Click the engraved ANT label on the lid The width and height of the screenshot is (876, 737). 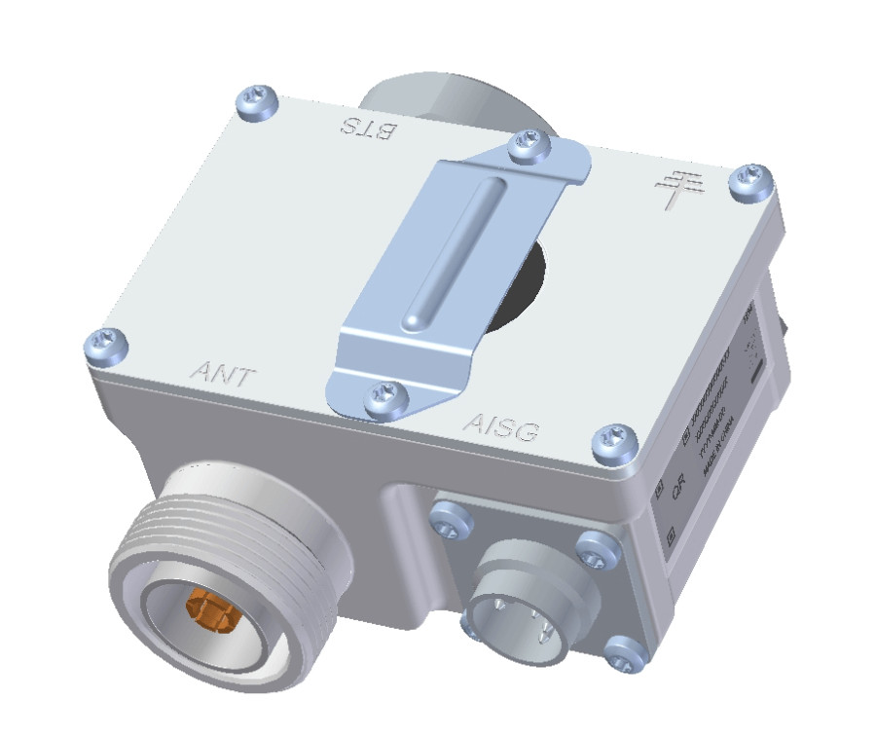(x=223, y=372)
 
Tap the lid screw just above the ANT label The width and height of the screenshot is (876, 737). (x=106, y=344)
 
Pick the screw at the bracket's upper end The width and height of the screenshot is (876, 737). (x=530, y=144)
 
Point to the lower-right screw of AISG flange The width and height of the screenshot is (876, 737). (x=623, y=654)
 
